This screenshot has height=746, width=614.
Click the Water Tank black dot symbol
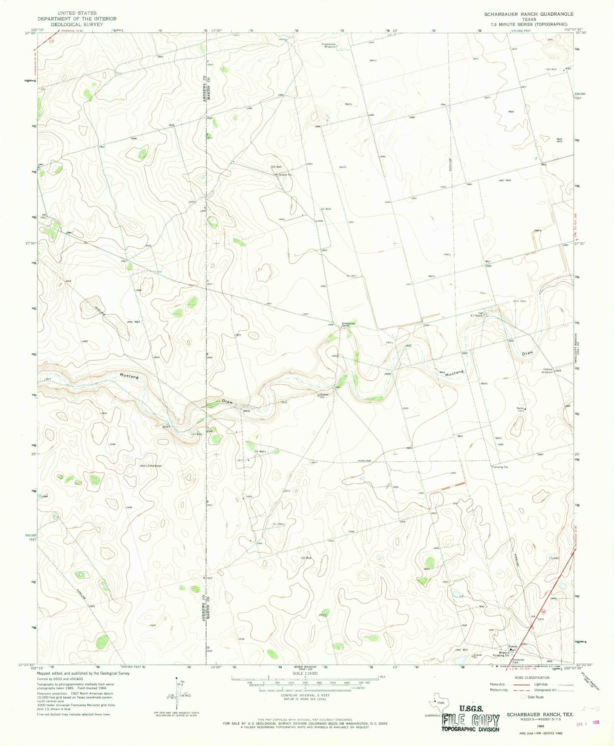point(526,409)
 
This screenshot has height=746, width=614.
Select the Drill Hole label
point(520,301)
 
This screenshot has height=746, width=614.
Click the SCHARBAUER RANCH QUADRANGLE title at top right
point(529,14)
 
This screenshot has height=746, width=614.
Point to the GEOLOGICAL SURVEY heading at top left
point(76,24)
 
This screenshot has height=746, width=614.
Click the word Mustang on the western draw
point(129,376)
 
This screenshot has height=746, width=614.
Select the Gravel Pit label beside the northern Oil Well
point(286,175)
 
